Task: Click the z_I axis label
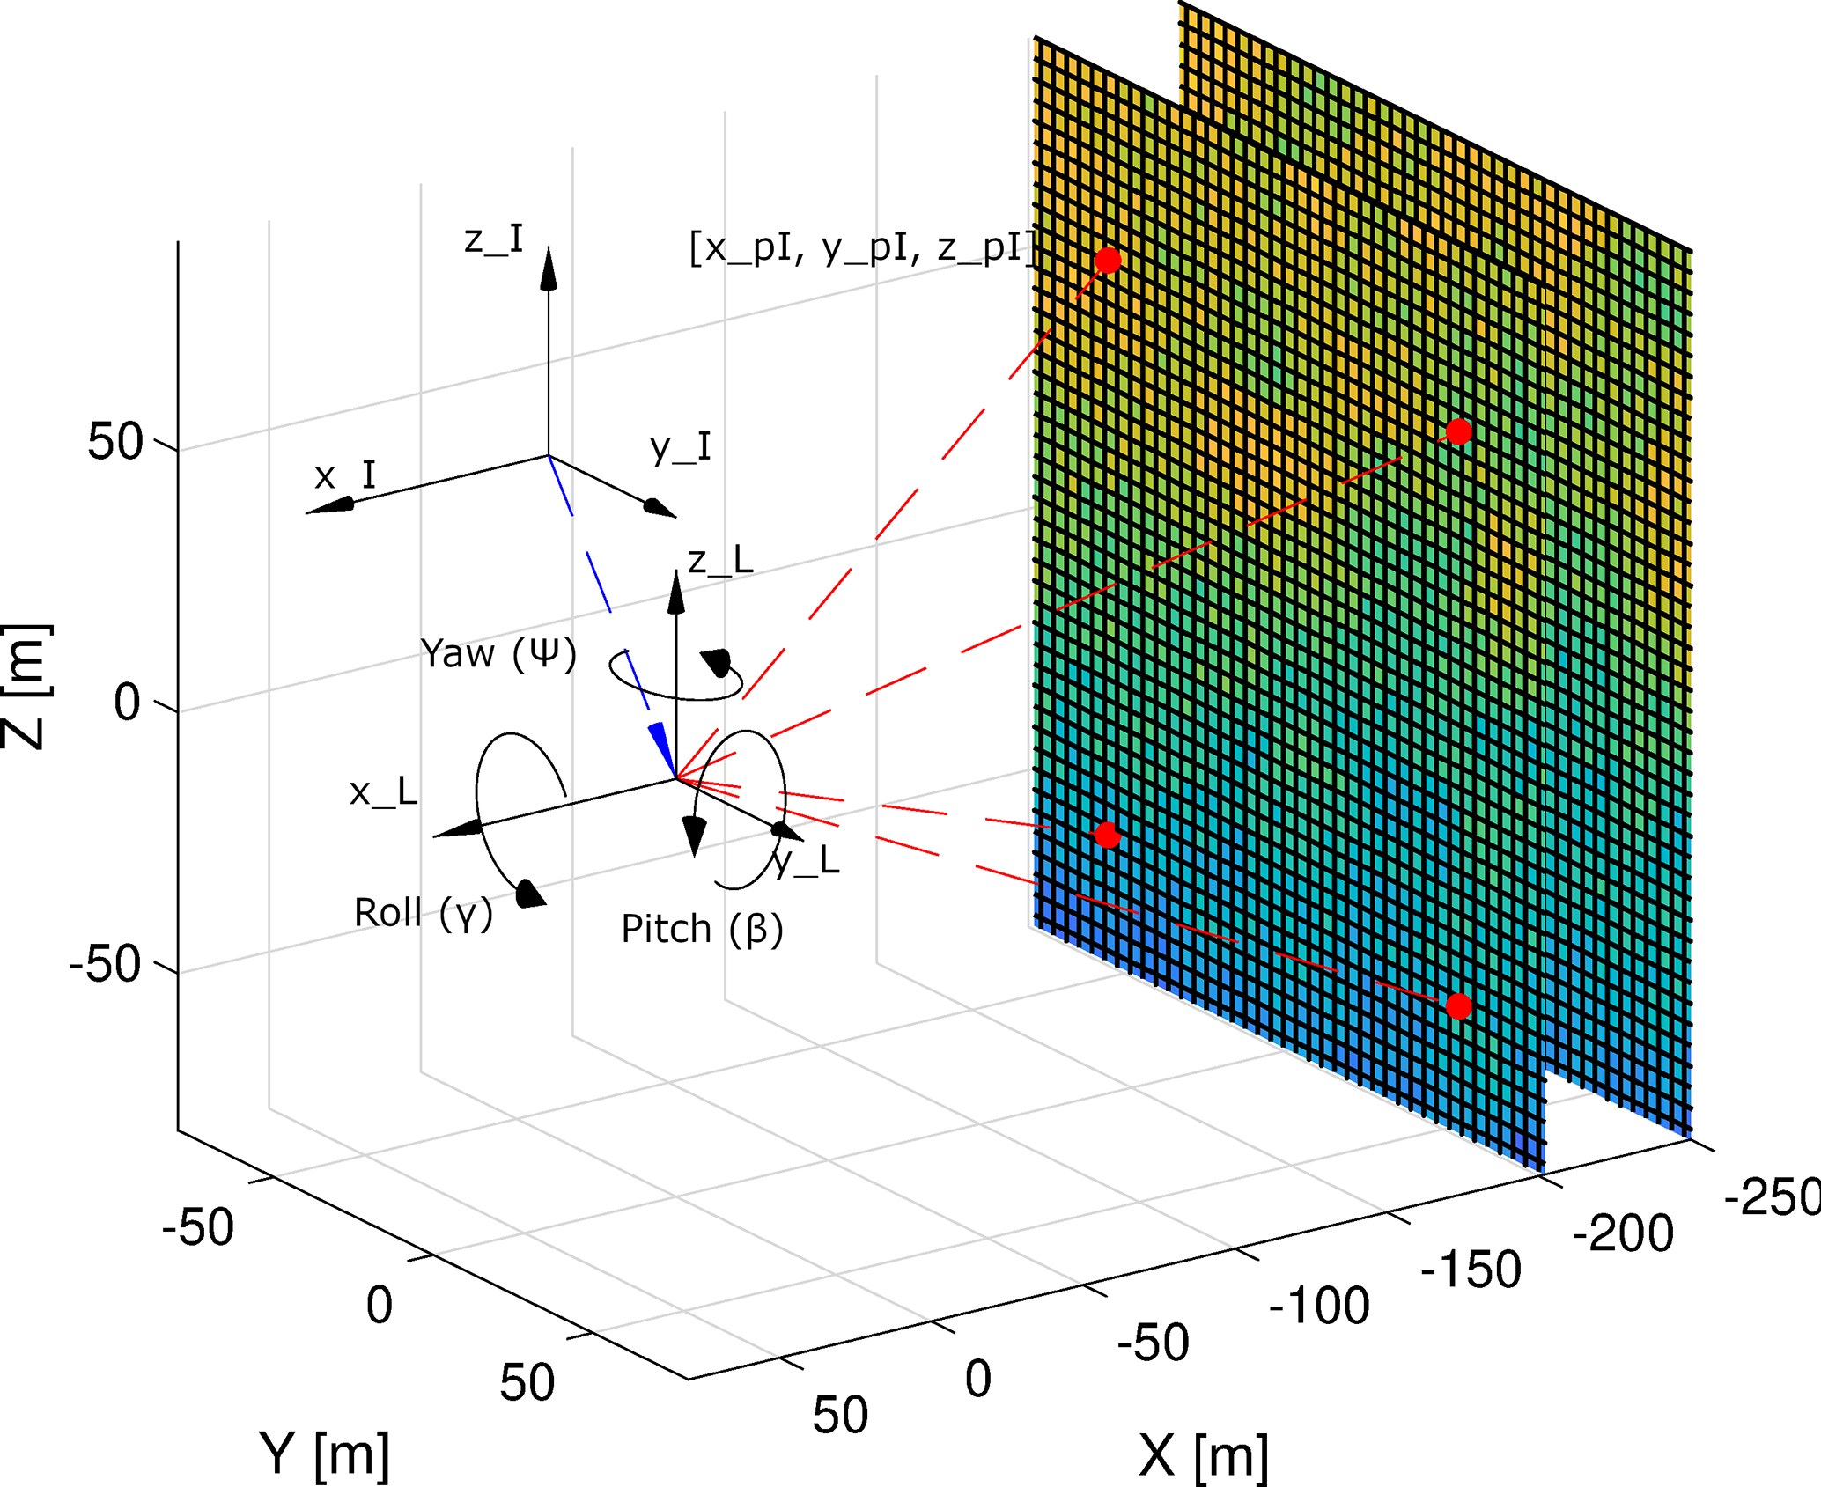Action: (494, 239)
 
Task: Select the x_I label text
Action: (344, 475)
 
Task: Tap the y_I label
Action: (681, 447)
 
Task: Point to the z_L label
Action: (720, 561)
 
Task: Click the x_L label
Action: (383, 792)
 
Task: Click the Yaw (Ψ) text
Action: (498, 654)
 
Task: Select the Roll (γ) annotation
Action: (423, 913)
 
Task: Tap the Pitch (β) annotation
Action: (702, 929)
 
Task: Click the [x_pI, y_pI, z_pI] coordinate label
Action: (861, 248)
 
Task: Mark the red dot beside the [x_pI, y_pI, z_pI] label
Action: (1108, 261)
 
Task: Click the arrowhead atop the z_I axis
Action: (549, 268)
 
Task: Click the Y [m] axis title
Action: (324, 1454)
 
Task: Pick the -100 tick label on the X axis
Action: (1318, 1305)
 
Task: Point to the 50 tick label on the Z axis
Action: (114, 442)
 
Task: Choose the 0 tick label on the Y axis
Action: (380, 1305)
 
